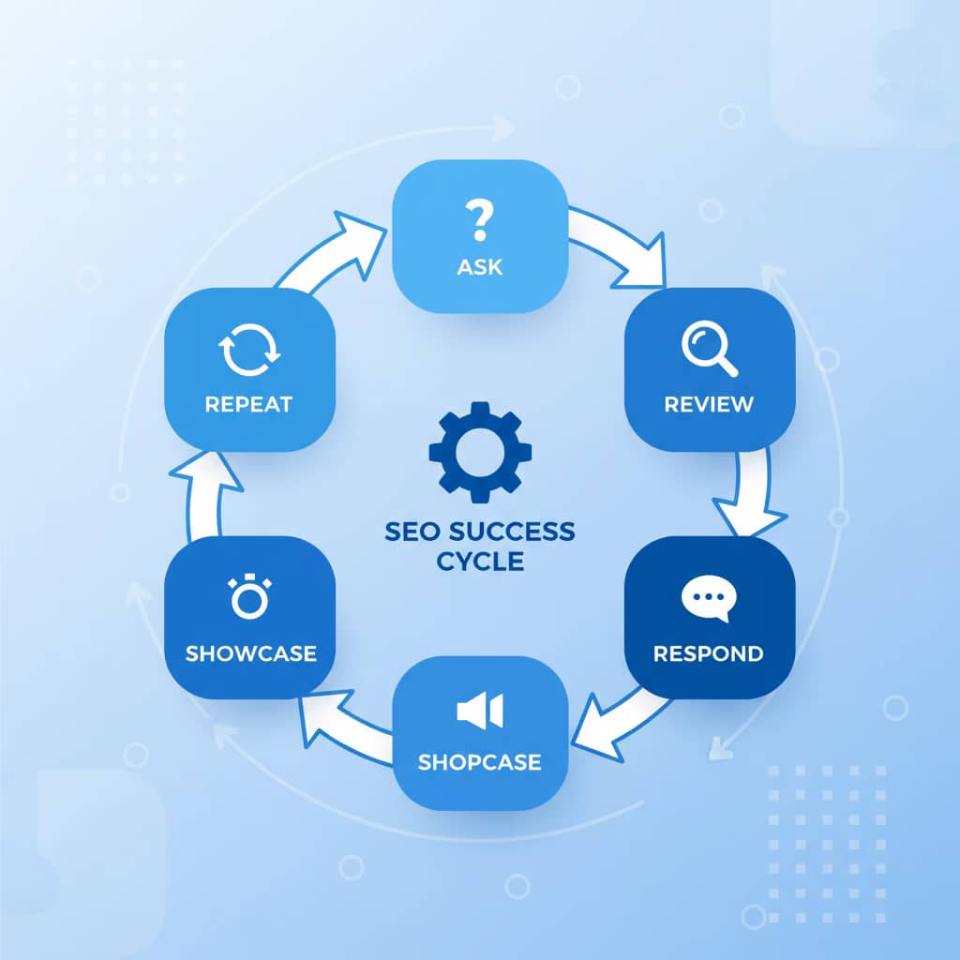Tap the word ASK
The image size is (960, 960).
[x=479, y=266]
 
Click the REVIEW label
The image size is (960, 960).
[x=709, y=404]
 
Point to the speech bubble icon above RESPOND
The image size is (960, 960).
[x=708, y=600]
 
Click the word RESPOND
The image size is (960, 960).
[x=709, y=652]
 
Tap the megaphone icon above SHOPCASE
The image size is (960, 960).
[x=479, y=711]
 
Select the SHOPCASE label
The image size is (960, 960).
[x=479, y=761]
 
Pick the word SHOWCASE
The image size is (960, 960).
[x=250, y=652]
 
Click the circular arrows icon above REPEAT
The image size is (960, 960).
[x=249, y=349]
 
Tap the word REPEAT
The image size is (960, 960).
[x=249, y=404]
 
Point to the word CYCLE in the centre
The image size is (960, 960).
[x=479, y=562]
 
